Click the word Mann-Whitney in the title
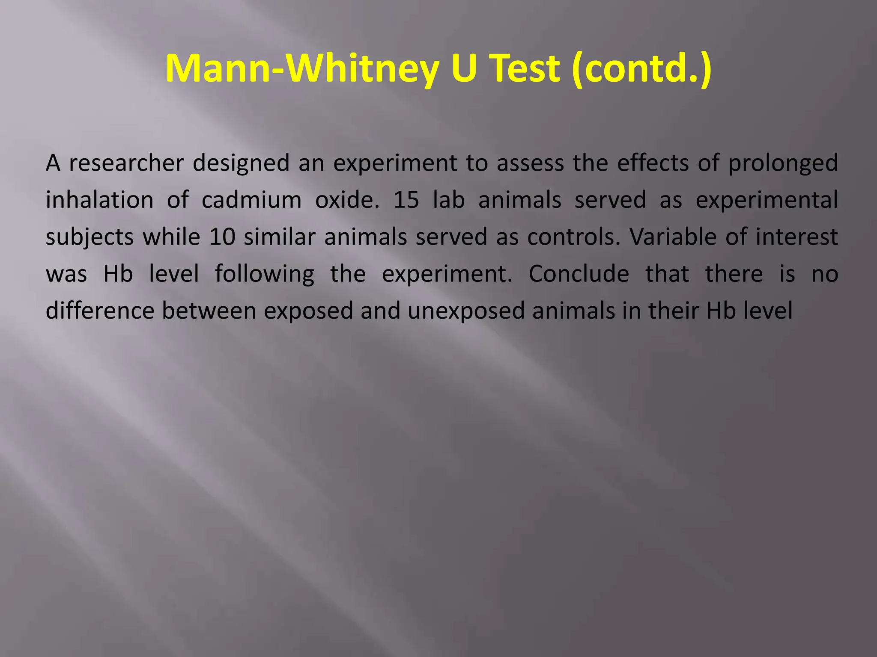302,68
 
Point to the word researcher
126,163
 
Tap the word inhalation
100,200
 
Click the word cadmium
251,200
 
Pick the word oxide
347,200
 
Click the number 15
406,200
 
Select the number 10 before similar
222,237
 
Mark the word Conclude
579,274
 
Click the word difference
100,311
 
